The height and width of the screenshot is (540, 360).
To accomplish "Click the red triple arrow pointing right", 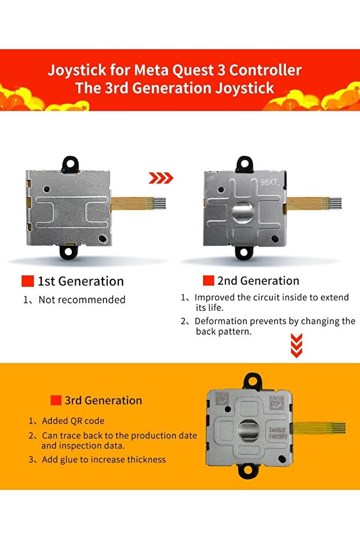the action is (x=161, y=178).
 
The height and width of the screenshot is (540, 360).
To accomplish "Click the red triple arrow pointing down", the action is (x=296, y=346).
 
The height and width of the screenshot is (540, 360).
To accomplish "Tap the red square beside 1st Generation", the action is (x=27, y=281).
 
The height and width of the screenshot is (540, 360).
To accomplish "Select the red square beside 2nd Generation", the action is (x=209, y=280).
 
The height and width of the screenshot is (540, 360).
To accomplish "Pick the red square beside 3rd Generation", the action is (x=56, y=400).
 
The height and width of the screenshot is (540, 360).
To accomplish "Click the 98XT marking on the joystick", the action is (x=270, y=182).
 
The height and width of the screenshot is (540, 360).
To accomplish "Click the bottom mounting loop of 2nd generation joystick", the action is (x=243, y=252).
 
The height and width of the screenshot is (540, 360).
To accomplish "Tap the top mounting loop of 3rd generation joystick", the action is (x=253, y=381).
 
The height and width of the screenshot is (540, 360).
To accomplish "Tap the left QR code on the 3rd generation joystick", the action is (x=222, y=400).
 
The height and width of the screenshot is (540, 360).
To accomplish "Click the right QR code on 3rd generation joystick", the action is (x=277, y=403).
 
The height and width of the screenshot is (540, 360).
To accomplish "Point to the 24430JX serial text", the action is (x=277, y=430).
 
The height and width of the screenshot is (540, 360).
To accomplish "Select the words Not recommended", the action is (x=82, y=300).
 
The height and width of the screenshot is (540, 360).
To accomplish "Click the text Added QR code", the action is (x=73, y=421).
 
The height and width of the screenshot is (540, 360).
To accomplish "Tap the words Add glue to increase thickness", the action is (x=104, y=460).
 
